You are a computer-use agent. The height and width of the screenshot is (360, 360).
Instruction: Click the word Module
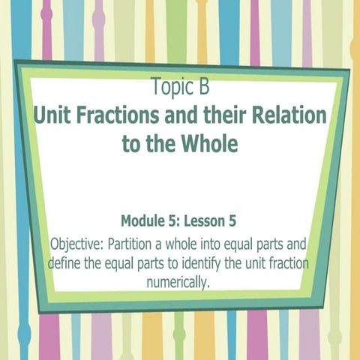click(x=145, y=222)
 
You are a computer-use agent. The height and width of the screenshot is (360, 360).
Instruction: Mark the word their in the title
click(x=230, y=116)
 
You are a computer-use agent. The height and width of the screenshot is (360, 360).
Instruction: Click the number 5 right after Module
click(x=177, y=222)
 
